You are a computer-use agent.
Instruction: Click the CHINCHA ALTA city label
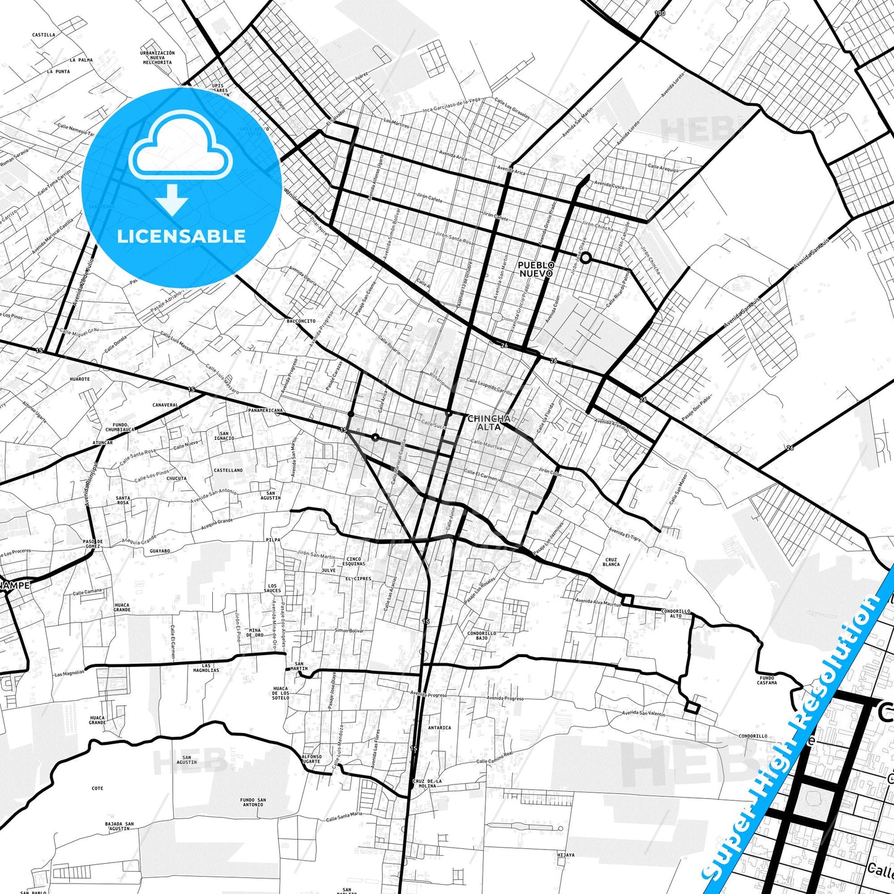click(489, 423)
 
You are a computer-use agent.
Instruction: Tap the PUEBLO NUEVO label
click(536, 269)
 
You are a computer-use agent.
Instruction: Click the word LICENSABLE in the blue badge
click(181, 236)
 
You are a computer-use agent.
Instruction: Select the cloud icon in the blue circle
click(181, 148)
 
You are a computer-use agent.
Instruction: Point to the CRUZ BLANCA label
click(611, 562)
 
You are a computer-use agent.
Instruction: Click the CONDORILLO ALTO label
click(676, 613)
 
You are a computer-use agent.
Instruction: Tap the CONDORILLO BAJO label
click(481, 635)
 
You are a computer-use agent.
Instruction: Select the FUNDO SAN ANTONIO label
click(253, 802)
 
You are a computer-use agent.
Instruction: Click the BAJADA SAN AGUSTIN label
click(119, 827)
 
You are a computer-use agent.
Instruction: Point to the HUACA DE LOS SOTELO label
click(280, 693)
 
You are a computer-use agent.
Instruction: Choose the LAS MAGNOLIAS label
click(206, 668)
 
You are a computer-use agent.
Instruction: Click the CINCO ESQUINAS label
click(354, 561)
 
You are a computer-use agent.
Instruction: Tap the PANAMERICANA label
click(265, 410)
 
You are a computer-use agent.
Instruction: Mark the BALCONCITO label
click(301, 321)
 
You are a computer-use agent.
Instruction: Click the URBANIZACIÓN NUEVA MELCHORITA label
click(158, 58)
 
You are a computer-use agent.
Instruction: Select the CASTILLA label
click(43, 35)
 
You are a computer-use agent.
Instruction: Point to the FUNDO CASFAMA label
click(767, 681)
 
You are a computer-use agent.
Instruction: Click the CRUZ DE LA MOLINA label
click(428, 783)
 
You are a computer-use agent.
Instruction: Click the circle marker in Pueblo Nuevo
click(585, 258)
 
